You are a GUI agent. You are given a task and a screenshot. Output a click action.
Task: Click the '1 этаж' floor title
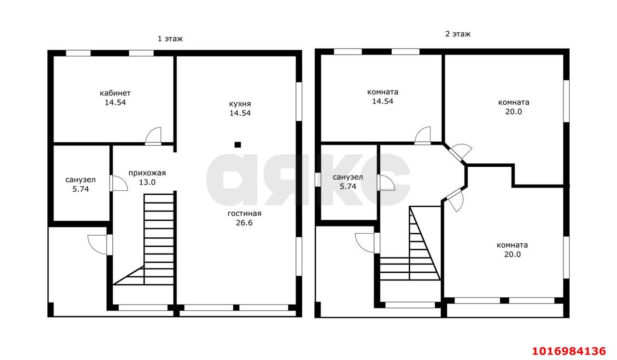click(170, 39)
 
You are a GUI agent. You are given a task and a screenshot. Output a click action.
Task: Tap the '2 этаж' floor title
click(458, 34)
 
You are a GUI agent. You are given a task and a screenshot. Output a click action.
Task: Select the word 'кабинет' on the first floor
click(115, 93)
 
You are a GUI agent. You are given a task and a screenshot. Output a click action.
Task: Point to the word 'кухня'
click(240, 104)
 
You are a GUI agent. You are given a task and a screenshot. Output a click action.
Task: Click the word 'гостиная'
click(244, 213)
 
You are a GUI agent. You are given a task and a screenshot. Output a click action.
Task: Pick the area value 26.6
click(244, 223)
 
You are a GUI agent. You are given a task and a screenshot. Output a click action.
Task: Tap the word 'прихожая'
click(147, 173)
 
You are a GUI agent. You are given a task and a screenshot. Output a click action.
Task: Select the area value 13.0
click(147, 182)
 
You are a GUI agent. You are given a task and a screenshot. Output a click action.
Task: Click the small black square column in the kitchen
click(238, 145)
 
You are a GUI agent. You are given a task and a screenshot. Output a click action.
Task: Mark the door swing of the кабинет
click(153, 136)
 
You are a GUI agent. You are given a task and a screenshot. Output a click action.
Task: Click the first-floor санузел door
click(119, 183)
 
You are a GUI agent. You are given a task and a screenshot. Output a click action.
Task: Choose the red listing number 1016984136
click(569, 351)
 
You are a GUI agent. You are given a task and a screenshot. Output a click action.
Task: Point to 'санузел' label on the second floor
click(348, 177)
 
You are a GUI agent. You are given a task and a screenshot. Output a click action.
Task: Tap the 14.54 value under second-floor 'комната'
click(383, 101)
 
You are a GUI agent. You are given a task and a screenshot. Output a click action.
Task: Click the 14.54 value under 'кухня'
click(240, 113)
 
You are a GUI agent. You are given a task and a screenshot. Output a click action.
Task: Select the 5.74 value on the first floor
click(80, 189)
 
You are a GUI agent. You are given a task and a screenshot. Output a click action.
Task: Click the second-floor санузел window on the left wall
click(318, 180)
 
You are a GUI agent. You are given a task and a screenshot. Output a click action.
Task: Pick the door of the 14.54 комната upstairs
click(423, 135)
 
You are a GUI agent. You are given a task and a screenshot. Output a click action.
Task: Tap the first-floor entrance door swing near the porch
click(97, 245)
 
